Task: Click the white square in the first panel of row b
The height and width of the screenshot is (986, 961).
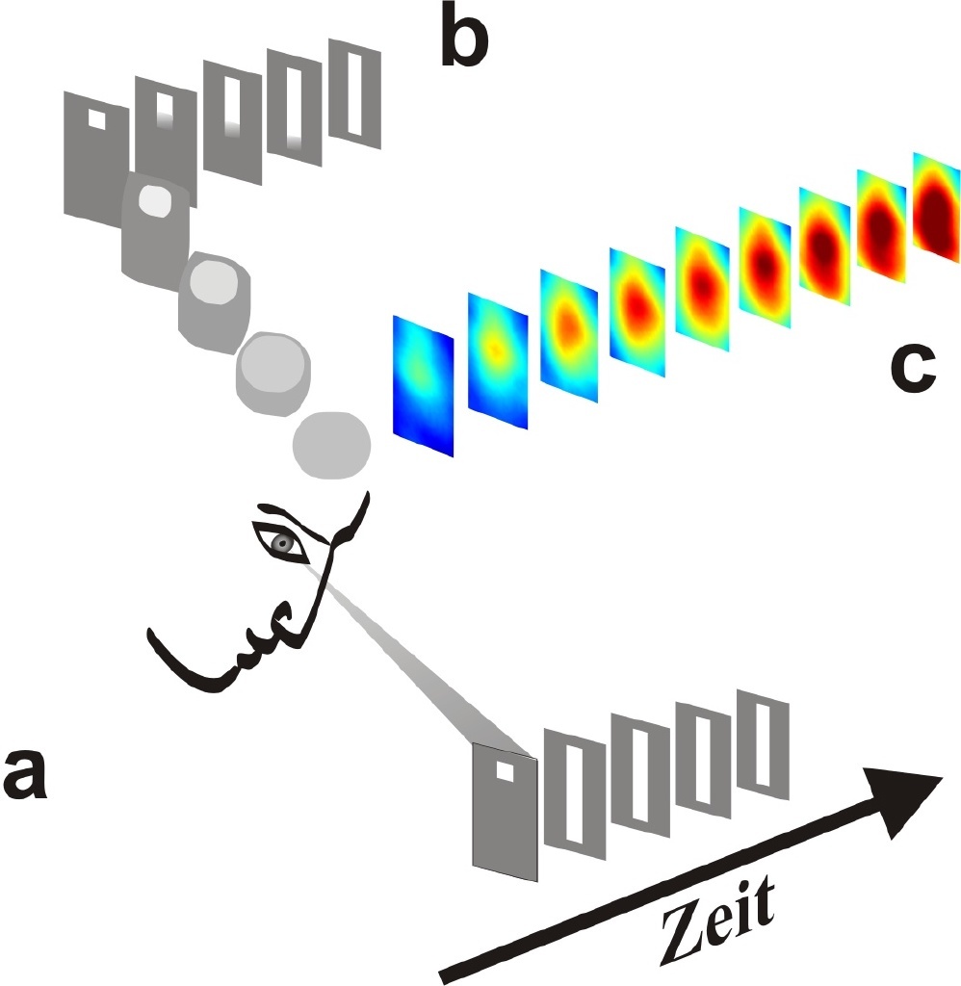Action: tap(96, 117)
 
